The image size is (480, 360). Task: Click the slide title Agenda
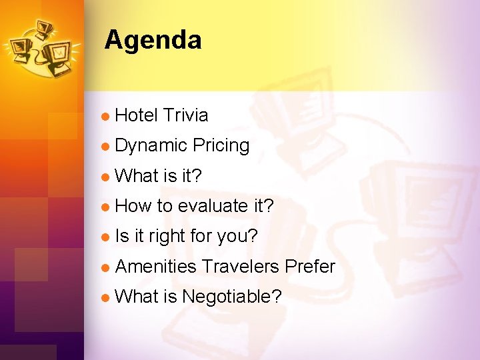tap(153, 40)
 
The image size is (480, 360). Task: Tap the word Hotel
tap(136, 115)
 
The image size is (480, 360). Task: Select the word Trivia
tap(185, 115)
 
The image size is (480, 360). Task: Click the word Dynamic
tap(151, 146)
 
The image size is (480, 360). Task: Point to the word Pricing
tap(221, 145)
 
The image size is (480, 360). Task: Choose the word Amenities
tap(155, 267)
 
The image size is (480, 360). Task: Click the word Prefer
tap(309, 267)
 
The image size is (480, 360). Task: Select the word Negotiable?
tap(231, 297)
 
